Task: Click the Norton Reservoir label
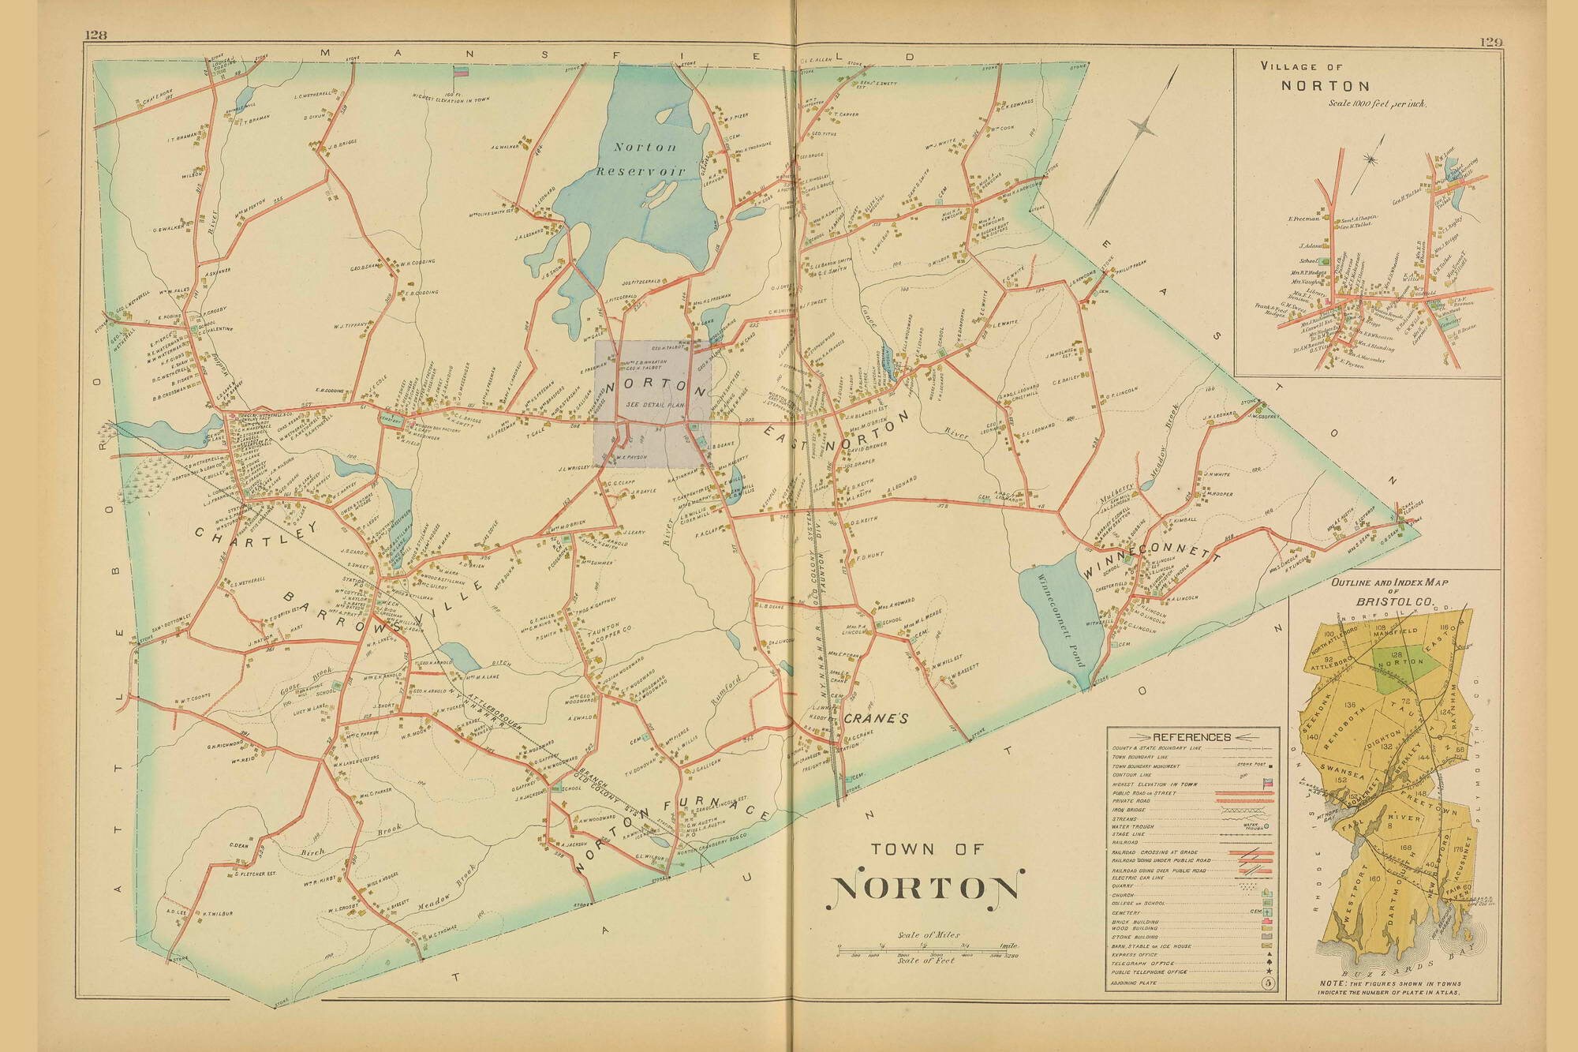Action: pyautogui.click(x=645, y=159)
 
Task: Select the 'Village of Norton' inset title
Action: pyautogui.click(x=1329, y=77)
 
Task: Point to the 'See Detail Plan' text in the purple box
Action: pyautogui.click(x=653, y=403)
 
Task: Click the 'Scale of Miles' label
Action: pyautogui.click(x=929, y=935)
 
